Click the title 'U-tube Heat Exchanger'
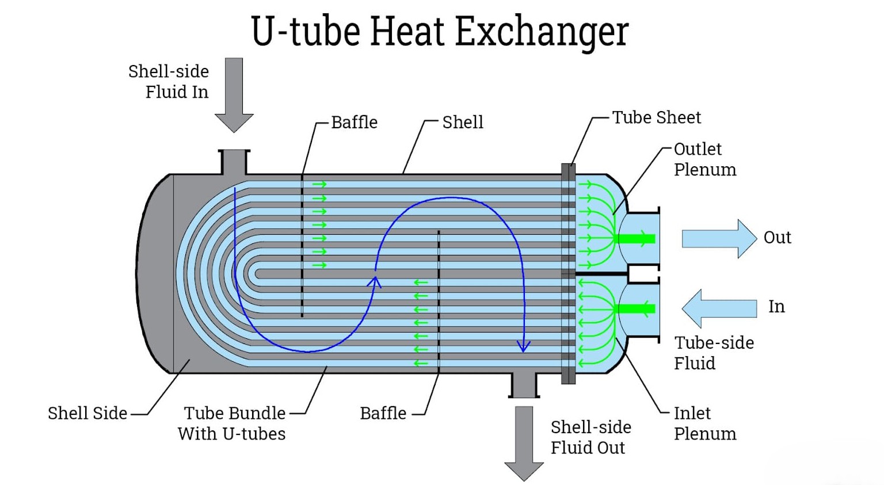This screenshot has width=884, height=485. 440,31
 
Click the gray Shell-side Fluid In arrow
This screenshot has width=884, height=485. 234,92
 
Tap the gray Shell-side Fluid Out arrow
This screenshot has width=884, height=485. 524,440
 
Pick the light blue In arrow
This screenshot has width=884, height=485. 719,308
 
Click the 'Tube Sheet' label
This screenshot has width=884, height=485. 656,117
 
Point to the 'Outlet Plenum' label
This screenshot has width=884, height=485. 704,159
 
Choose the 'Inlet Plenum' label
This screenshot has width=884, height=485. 704,423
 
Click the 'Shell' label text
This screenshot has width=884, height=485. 463,122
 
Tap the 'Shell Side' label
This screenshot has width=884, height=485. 87,413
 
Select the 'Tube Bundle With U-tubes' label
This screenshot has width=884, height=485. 232,423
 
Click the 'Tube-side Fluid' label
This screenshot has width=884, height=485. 714,353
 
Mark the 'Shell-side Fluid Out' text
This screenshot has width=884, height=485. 590,437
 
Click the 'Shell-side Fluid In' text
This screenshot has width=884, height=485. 169,81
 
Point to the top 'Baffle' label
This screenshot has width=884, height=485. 354,122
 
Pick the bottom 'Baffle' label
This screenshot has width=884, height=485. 383,413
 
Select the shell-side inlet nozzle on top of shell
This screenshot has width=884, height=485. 234,162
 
